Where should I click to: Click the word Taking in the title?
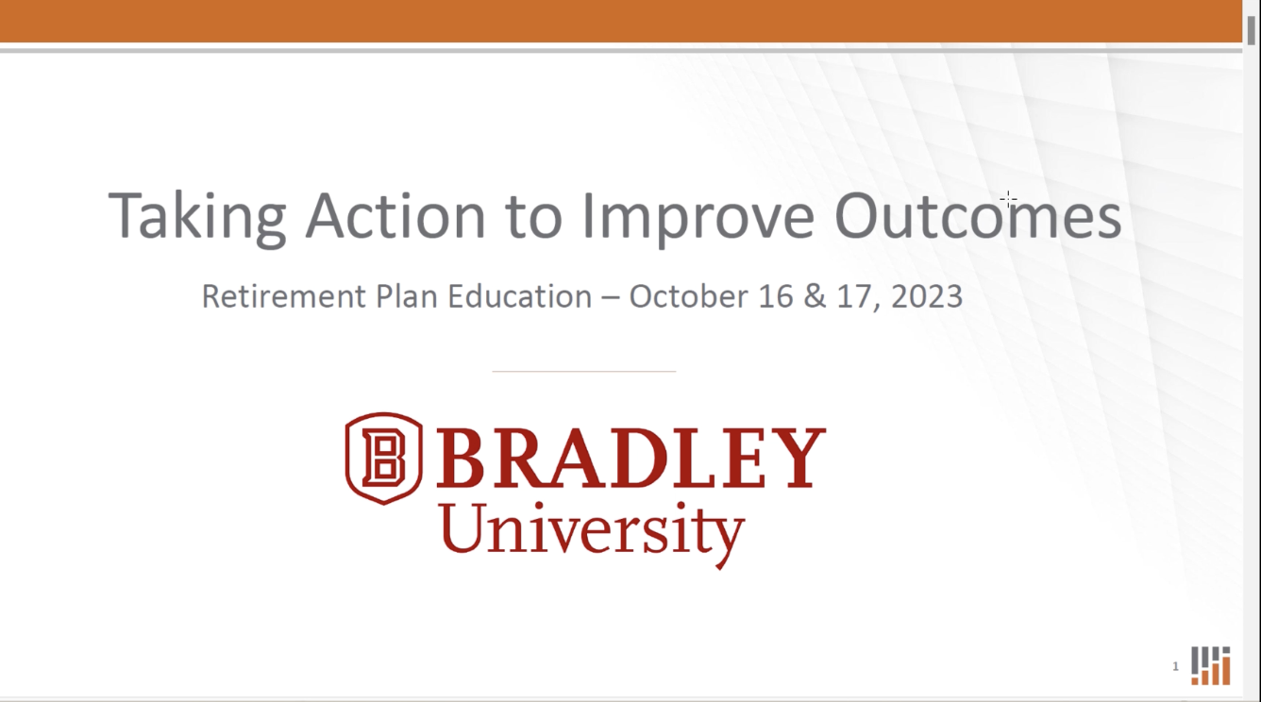(x=197, y=218)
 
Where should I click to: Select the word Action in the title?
(x=395, y=216)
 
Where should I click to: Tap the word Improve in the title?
(x=698, y=218)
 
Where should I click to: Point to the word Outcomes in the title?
(x=978, y=216)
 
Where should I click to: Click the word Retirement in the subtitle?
(x=284, y=296)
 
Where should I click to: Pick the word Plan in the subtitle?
(x=407, y=296)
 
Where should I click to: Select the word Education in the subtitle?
(x=520, y=296)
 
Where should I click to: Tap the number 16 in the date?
(x=776, y=296)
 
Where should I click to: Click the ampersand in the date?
(x=815, y=296)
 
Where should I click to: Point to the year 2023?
(x=927, y=296)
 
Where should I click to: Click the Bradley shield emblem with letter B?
(x=383, y=459)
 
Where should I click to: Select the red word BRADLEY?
(x=631, y=457)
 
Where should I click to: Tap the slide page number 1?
(x=1175, y=666)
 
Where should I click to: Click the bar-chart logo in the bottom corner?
(x=1210, y=665)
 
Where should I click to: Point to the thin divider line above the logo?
(x=583, y=372)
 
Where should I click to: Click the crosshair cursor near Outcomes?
(x=1008, y=199)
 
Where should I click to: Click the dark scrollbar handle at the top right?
(x=1252, y=30)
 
